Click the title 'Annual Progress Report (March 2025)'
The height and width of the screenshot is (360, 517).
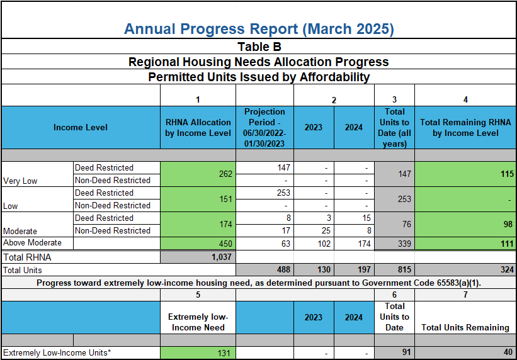pyautogui.click(x=258, y=29)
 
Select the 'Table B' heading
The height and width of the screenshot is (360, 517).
pyautogui.click(x=258, y=47)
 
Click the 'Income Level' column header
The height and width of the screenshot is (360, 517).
pyautogui.click(x=81, y=127)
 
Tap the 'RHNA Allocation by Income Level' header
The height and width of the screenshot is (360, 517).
pyautogui.click(x=198, y=127)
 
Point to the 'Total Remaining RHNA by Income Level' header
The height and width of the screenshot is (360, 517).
pyautogui.click(x=465, y=127)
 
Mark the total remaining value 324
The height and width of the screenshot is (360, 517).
pyautogui.click(x=506, y=269)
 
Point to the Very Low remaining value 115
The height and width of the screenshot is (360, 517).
pyautogui.click(x=506, y=174)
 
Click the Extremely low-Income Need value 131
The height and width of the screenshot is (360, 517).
pyautogui.click(x=224, y=353)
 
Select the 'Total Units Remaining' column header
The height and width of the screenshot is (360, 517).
pyautogui.click(x=465, y=327)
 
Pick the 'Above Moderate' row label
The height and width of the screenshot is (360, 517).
pyautogui.click(x=33, y=243)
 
